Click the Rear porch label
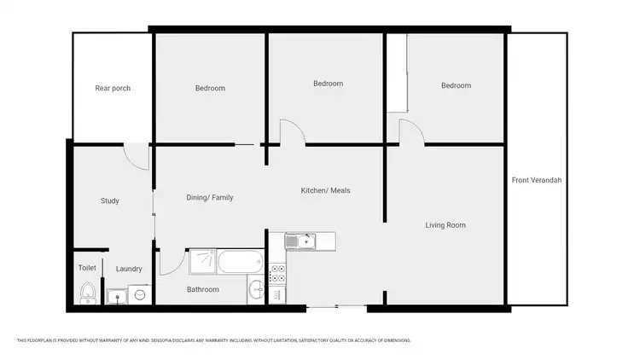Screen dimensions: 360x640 point(113,88)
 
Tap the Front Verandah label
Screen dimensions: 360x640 point(537,180)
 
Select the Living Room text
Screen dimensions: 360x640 point(445,225)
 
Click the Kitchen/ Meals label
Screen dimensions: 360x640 point(325,190)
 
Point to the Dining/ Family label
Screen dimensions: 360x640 point(209,197)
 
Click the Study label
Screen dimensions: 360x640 point(109,201)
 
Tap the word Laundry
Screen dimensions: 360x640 point(128,269)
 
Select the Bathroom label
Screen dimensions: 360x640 point(203,289)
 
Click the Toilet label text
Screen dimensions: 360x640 point(87,267)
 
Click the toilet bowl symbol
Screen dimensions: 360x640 point(87,294)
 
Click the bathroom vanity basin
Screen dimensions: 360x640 point(257,290)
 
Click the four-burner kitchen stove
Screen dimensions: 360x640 point(277,274)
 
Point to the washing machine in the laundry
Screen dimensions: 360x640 point(137,295)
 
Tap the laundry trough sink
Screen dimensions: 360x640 point(115,297)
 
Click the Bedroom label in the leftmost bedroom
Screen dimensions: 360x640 point(210,88)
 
